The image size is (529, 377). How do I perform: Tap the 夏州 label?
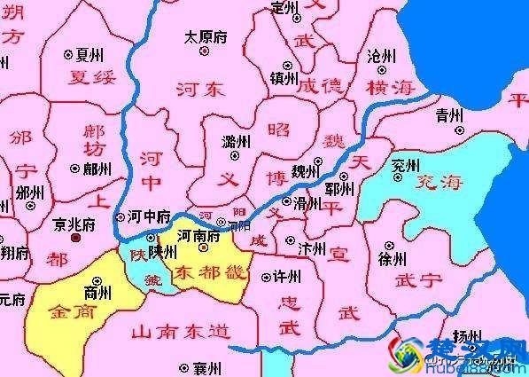pos(84,54)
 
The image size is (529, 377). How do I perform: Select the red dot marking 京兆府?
pos(75,238)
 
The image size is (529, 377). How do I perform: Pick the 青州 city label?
pos(449,114)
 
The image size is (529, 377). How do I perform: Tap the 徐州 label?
pos(392,259)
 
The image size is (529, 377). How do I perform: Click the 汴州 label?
pos(313,248)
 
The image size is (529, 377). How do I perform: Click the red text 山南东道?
pos(180,333)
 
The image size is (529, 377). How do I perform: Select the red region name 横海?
pos(390,87)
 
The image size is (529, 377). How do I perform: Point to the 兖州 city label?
pos(406,165)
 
